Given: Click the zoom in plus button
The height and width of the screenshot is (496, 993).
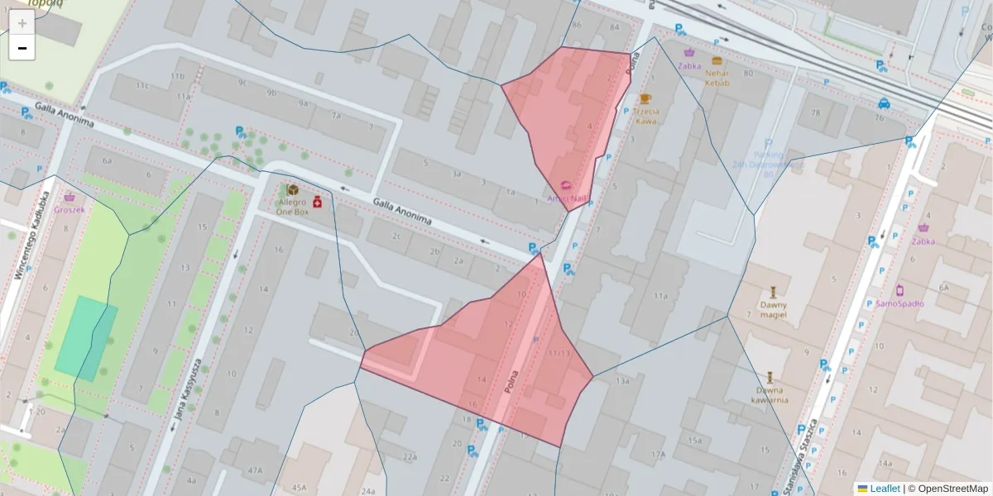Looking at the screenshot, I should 22,23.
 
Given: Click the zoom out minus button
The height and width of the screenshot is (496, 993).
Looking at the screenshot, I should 22,48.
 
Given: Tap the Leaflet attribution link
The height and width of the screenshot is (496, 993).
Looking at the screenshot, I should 884,489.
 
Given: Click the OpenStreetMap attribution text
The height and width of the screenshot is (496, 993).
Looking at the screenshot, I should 947,489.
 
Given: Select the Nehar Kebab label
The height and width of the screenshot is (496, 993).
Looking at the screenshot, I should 717,77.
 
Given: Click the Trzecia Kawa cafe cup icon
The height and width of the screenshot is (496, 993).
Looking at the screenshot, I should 645,99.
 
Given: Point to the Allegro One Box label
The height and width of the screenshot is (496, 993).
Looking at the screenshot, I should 292,207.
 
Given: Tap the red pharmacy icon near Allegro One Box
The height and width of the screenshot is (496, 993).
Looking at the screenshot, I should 316,202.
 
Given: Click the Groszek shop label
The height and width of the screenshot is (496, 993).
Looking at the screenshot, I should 70,209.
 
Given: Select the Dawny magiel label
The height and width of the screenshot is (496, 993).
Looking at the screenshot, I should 773,309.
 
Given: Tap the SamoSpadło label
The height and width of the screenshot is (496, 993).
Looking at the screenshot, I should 899,303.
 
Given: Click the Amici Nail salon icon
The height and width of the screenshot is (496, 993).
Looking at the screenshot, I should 566,186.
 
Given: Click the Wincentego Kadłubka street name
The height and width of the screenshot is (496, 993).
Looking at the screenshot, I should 32,236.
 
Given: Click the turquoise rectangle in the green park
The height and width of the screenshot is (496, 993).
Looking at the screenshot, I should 86,338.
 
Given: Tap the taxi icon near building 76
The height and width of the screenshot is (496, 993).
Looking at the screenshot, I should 884,103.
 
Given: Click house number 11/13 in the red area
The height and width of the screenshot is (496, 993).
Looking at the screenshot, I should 559,353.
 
